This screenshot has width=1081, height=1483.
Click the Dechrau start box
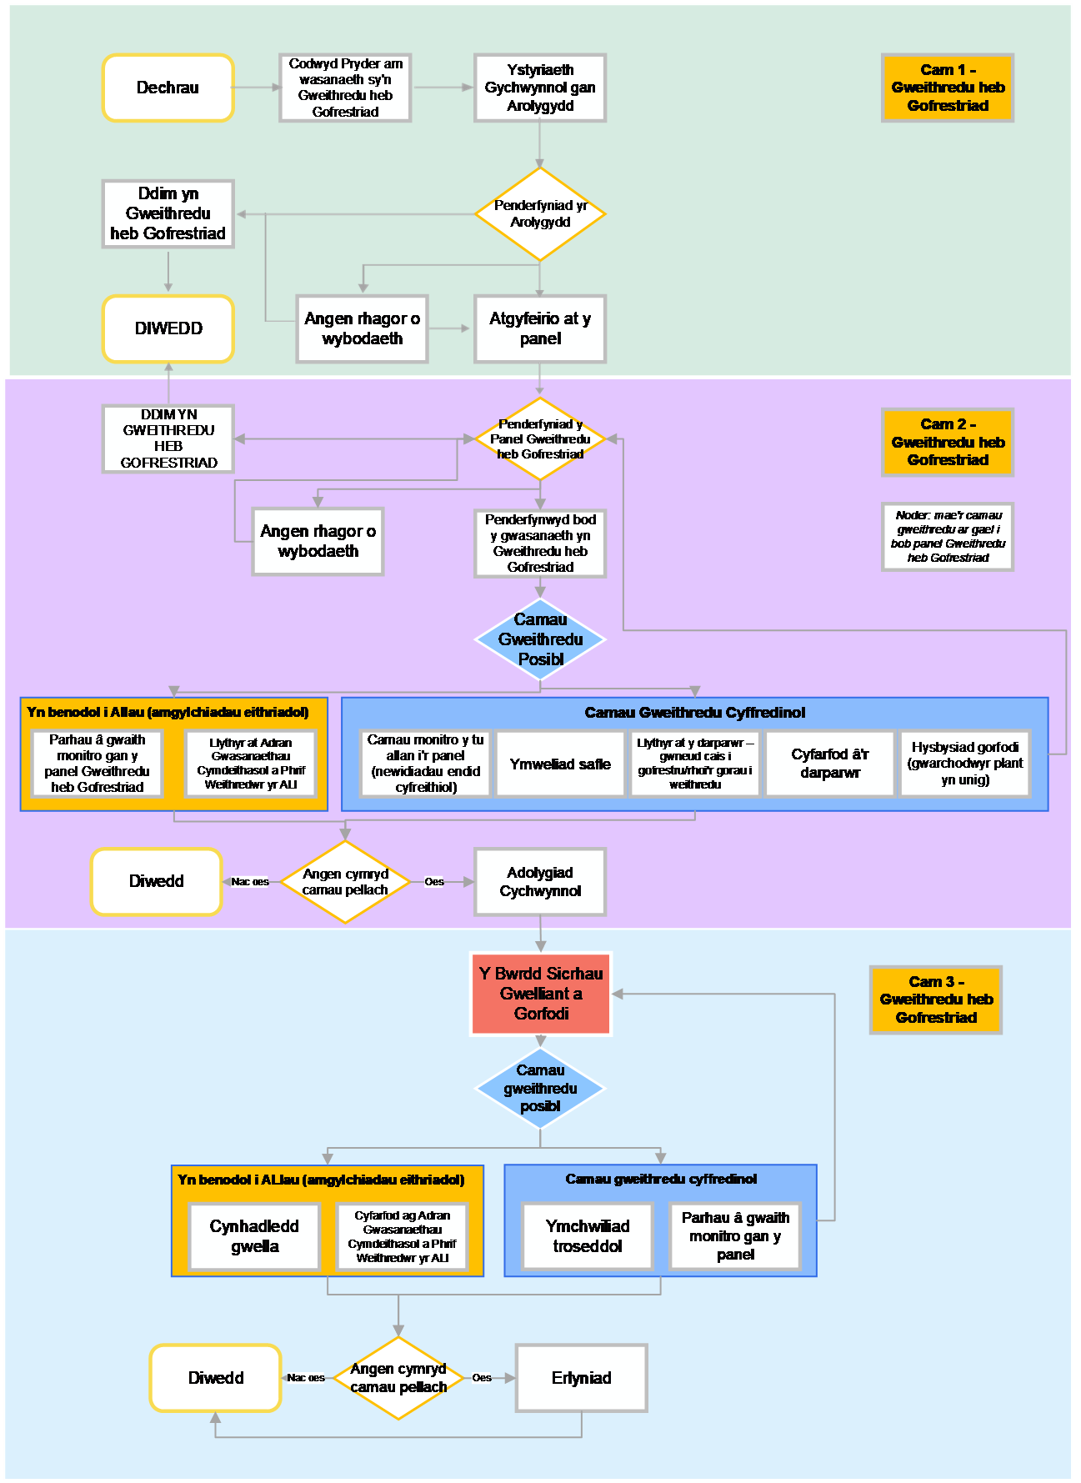168,88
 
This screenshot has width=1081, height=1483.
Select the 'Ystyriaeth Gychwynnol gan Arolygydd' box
540,88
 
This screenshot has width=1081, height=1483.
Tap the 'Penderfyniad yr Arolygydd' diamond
540,213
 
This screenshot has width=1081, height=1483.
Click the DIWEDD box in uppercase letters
168,328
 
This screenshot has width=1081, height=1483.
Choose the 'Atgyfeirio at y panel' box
540,328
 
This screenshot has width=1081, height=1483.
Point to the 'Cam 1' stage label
948,88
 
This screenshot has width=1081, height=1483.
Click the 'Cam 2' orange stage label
948,442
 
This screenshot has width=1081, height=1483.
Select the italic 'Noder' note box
948,537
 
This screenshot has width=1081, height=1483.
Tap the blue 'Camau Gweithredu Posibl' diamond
540,639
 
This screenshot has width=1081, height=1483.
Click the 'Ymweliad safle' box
560,764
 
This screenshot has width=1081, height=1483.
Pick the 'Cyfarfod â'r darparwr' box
829,764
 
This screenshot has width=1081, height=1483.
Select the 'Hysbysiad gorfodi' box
964,764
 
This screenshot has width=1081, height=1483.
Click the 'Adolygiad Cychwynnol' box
540,881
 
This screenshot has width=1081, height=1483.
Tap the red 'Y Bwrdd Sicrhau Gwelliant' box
540,994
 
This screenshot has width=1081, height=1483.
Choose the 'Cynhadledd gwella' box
254,1236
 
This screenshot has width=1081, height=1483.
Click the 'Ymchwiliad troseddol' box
588,1236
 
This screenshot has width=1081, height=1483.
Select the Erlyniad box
581,1378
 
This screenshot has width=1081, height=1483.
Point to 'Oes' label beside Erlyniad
482,1378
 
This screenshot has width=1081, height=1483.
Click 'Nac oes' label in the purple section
250,882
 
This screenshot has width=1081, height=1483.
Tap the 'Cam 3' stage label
936,1000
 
